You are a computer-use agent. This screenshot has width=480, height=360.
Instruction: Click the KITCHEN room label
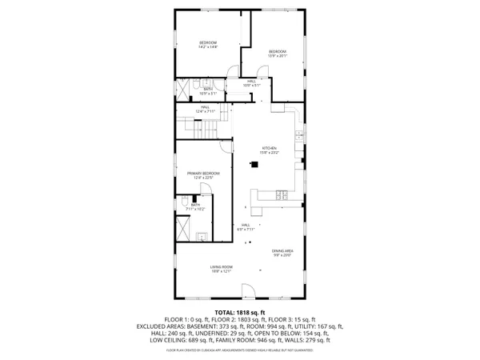269,149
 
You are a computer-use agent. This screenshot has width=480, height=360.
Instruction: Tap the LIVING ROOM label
222,266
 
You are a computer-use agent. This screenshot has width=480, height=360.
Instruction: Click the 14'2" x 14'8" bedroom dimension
208,46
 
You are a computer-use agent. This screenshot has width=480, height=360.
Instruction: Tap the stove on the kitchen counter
282,194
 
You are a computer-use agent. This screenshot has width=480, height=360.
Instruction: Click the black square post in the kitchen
254,166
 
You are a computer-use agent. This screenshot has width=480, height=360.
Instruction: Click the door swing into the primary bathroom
205,190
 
